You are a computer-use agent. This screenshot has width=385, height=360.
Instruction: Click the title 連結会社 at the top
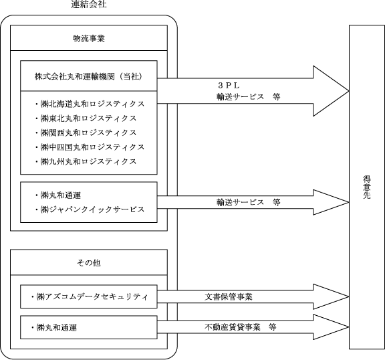(x=89, y=4)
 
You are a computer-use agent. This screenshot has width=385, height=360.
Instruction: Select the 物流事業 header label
(x=89, y=39)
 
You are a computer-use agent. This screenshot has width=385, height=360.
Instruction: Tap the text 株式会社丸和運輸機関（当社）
(x=89, y=76)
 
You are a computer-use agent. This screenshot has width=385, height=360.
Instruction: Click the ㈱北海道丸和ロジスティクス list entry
(x=90, y=104)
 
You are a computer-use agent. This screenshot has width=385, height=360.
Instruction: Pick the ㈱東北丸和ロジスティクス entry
(x=86, y=118)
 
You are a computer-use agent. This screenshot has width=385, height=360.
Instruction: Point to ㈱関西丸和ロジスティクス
(x=86, y=132)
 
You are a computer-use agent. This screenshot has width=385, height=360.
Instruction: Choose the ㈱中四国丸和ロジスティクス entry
(x=90, y=147)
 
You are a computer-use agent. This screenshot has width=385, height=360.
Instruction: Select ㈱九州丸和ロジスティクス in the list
(x=86, y=161)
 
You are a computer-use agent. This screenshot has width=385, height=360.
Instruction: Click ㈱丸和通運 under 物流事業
(x=58, y=195)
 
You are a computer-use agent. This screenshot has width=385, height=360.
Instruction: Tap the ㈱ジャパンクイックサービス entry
(x=90, y=209)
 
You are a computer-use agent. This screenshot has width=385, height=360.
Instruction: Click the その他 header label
(x=89, y=263)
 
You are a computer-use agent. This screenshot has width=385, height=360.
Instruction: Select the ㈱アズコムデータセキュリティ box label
(x=90, y=297)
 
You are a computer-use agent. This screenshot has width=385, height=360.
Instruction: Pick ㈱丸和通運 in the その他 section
(x=54, y=328)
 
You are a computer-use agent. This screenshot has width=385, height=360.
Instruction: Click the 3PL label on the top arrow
(x=229, y=86)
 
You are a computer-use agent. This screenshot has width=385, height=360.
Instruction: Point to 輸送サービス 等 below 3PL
(x=248, y=97)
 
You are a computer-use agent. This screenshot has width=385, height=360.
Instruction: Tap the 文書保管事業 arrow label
(x=229, y=297)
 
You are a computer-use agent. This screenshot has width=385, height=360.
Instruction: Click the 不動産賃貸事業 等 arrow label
(x=241, y=327)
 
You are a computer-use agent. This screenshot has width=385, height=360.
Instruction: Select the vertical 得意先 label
(x=367, y=187)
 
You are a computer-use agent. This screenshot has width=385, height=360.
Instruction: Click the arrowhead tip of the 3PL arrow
(x=349, y=91)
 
